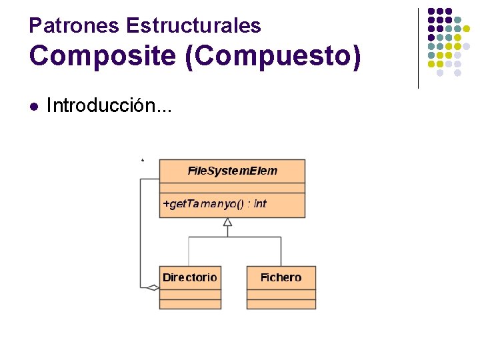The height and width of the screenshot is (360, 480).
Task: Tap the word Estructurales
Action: (x=193, y=26)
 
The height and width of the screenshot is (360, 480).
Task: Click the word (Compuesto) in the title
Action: (x=273, y=57)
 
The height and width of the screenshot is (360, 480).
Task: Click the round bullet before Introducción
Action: (x=34, y=106)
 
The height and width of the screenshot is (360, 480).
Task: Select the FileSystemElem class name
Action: (x=232, y=171)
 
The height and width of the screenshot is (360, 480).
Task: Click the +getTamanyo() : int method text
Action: (x=214, y=204)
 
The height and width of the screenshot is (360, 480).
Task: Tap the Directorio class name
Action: (x=190, y=277)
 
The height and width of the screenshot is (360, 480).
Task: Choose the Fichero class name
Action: (x=281, y=277)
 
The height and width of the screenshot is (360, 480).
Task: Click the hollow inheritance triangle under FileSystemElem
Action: (x=227, y=223)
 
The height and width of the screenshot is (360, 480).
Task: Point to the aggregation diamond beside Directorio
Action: (x=153, y=288)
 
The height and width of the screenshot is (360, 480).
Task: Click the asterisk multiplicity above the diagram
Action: (x=143, y=161)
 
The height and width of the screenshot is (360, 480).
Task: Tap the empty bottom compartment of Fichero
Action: (x=281, y=304)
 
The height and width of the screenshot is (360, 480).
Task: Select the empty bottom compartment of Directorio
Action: (x=190, y=304)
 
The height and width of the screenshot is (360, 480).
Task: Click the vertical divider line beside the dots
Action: (x=418, y=48)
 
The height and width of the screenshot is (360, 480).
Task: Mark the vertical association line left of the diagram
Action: (x=140, y=233)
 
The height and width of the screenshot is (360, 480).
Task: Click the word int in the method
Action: (x=260, y=204)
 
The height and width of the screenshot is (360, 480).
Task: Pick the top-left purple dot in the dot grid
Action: (x=431, y=11)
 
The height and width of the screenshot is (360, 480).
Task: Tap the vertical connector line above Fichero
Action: (x=281, y=251)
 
